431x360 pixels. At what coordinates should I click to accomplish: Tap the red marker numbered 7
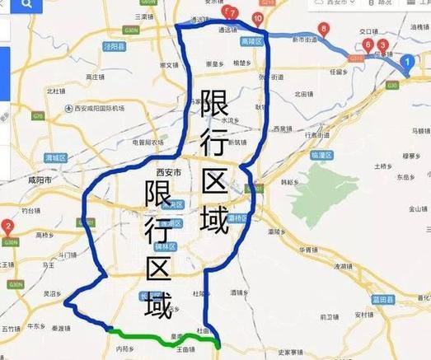click(x=234, y=13)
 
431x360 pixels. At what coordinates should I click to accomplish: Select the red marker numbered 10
click(x=258, y=18)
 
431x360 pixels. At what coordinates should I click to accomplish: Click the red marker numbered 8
click(x=323, y=30)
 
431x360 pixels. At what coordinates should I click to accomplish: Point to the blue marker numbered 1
click(x=405, y=61)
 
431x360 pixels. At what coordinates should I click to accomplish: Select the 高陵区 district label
click(x=251, y=41)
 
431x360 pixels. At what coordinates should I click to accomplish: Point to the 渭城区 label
click(x=58, y=157)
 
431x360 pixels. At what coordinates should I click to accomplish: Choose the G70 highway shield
click(x=38, y=116)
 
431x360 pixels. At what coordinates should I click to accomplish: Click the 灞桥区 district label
click(x=237, y=217)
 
